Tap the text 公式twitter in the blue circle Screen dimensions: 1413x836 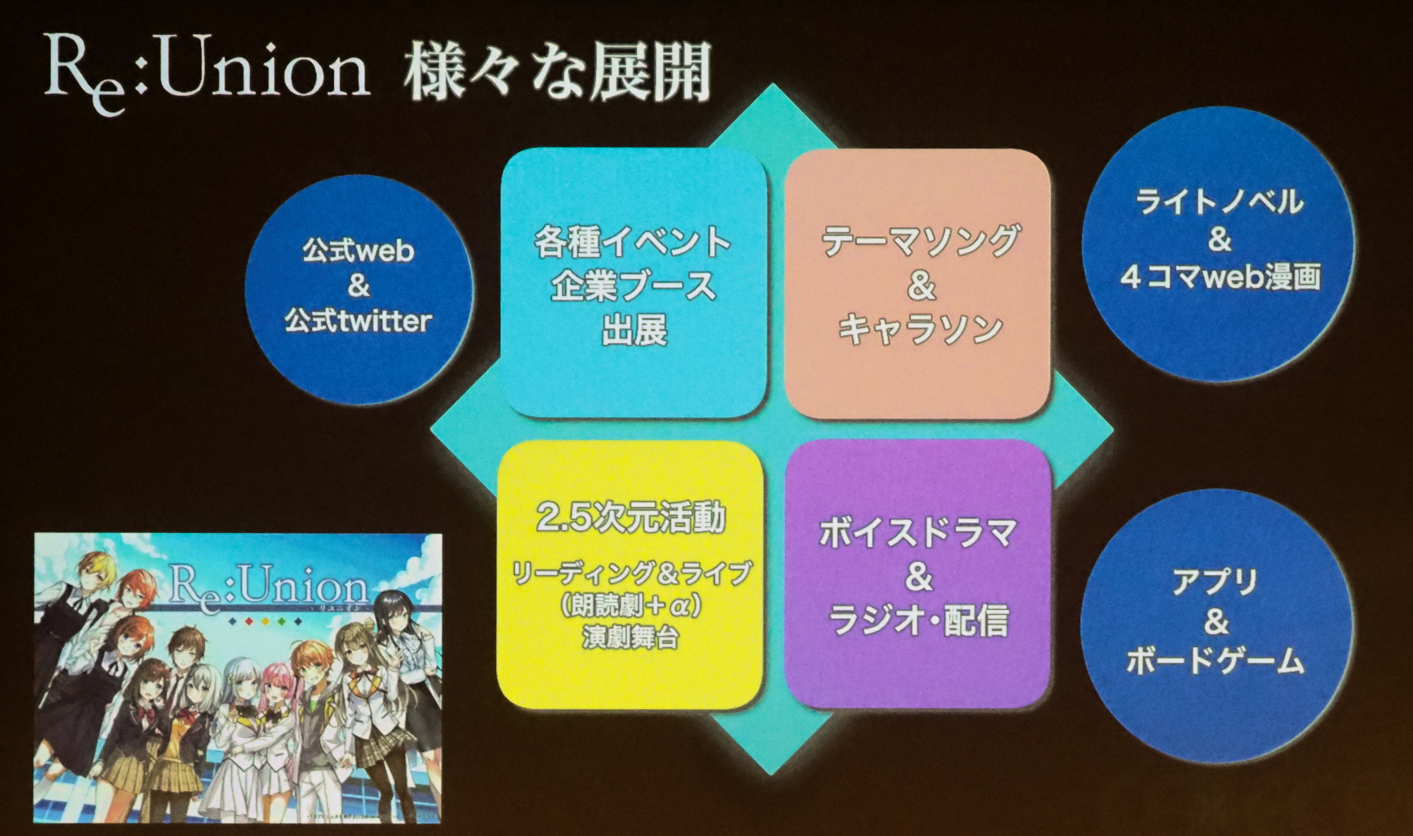click(358, 322)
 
